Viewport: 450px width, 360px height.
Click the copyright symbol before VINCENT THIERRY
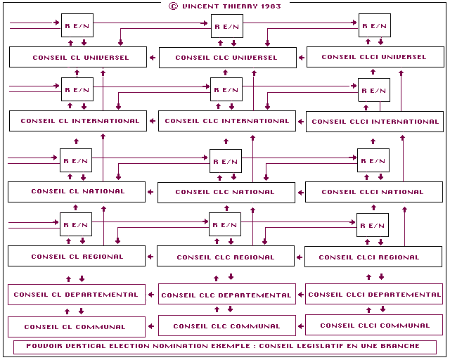point(173,6)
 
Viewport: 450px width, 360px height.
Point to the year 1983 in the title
point(271,6)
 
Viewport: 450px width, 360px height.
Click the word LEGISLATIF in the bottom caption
point(319,346)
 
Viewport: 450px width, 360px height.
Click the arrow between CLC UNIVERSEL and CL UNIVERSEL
point(153,58)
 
